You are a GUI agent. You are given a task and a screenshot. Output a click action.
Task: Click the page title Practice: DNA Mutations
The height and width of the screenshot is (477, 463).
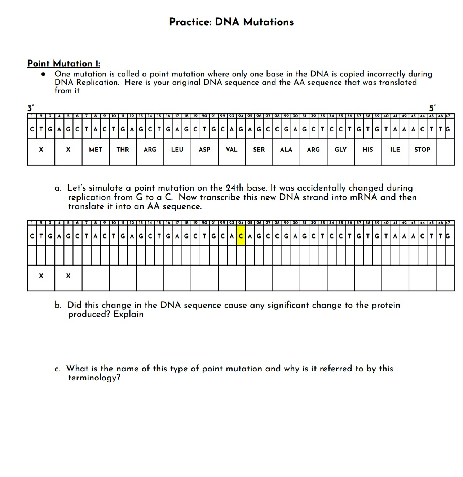coord(231,22)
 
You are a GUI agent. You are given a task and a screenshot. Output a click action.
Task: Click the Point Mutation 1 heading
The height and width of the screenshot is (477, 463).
coord(63,63)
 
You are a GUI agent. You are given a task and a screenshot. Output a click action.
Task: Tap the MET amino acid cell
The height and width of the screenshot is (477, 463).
coord(96,150)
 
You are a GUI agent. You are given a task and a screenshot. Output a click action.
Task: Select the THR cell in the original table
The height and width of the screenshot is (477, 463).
coord(123,150)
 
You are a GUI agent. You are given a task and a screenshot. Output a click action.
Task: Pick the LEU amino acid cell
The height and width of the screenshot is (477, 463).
coord(177,150)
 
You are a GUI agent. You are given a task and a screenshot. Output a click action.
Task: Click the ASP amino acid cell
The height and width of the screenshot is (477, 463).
coord(204,150)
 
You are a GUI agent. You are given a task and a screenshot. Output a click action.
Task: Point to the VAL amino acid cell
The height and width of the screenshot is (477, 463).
coord(231,150)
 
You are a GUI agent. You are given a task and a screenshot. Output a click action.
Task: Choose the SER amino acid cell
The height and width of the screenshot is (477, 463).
coord(259,150)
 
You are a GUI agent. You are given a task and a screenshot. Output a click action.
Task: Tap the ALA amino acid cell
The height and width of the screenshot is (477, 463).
coord(286,150)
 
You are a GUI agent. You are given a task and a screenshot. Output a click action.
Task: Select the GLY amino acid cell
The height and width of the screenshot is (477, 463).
coord(340,150)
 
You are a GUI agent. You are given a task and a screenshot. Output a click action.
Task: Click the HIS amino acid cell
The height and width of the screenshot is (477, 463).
coord(368,150)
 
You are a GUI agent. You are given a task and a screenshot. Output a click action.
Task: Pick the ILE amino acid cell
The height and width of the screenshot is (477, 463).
coord(395,150)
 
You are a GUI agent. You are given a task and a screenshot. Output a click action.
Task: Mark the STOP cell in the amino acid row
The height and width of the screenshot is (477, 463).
coord(422,150)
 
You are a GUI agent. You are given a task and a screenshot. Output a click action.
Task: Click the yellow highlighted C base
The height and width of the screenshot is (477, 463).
coord(241,236)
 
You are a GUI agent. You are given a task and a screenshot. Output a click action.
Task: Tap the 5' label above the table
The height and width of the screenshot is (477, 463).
coord(432,108)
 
